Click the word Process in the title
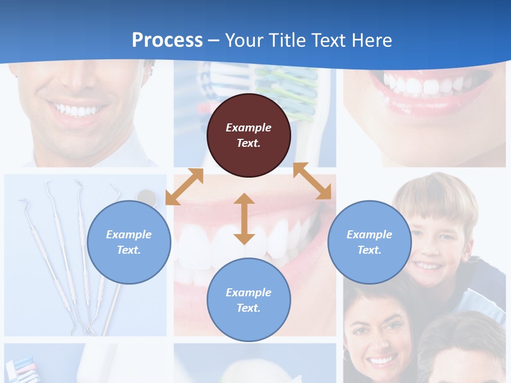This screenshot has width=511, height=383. pos(167,40)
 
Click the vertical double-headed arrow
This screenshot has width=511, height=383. pos(244,219)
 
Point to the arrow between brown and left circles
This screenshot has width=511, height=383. pos(184,187)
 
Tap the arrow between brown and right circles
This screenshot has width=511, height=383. pos(312,181)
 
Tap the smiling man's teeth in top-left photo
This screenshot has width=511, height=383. pos(78,110)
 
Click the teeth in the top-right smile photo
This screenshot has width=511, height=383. pos(426,84)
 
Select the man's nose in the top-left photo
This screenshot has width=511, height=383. pos(75,80)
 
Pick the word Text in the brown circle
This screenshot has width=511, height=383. pos(249,143)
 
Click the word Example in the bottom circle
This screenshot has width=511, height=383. pos(249,292)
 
